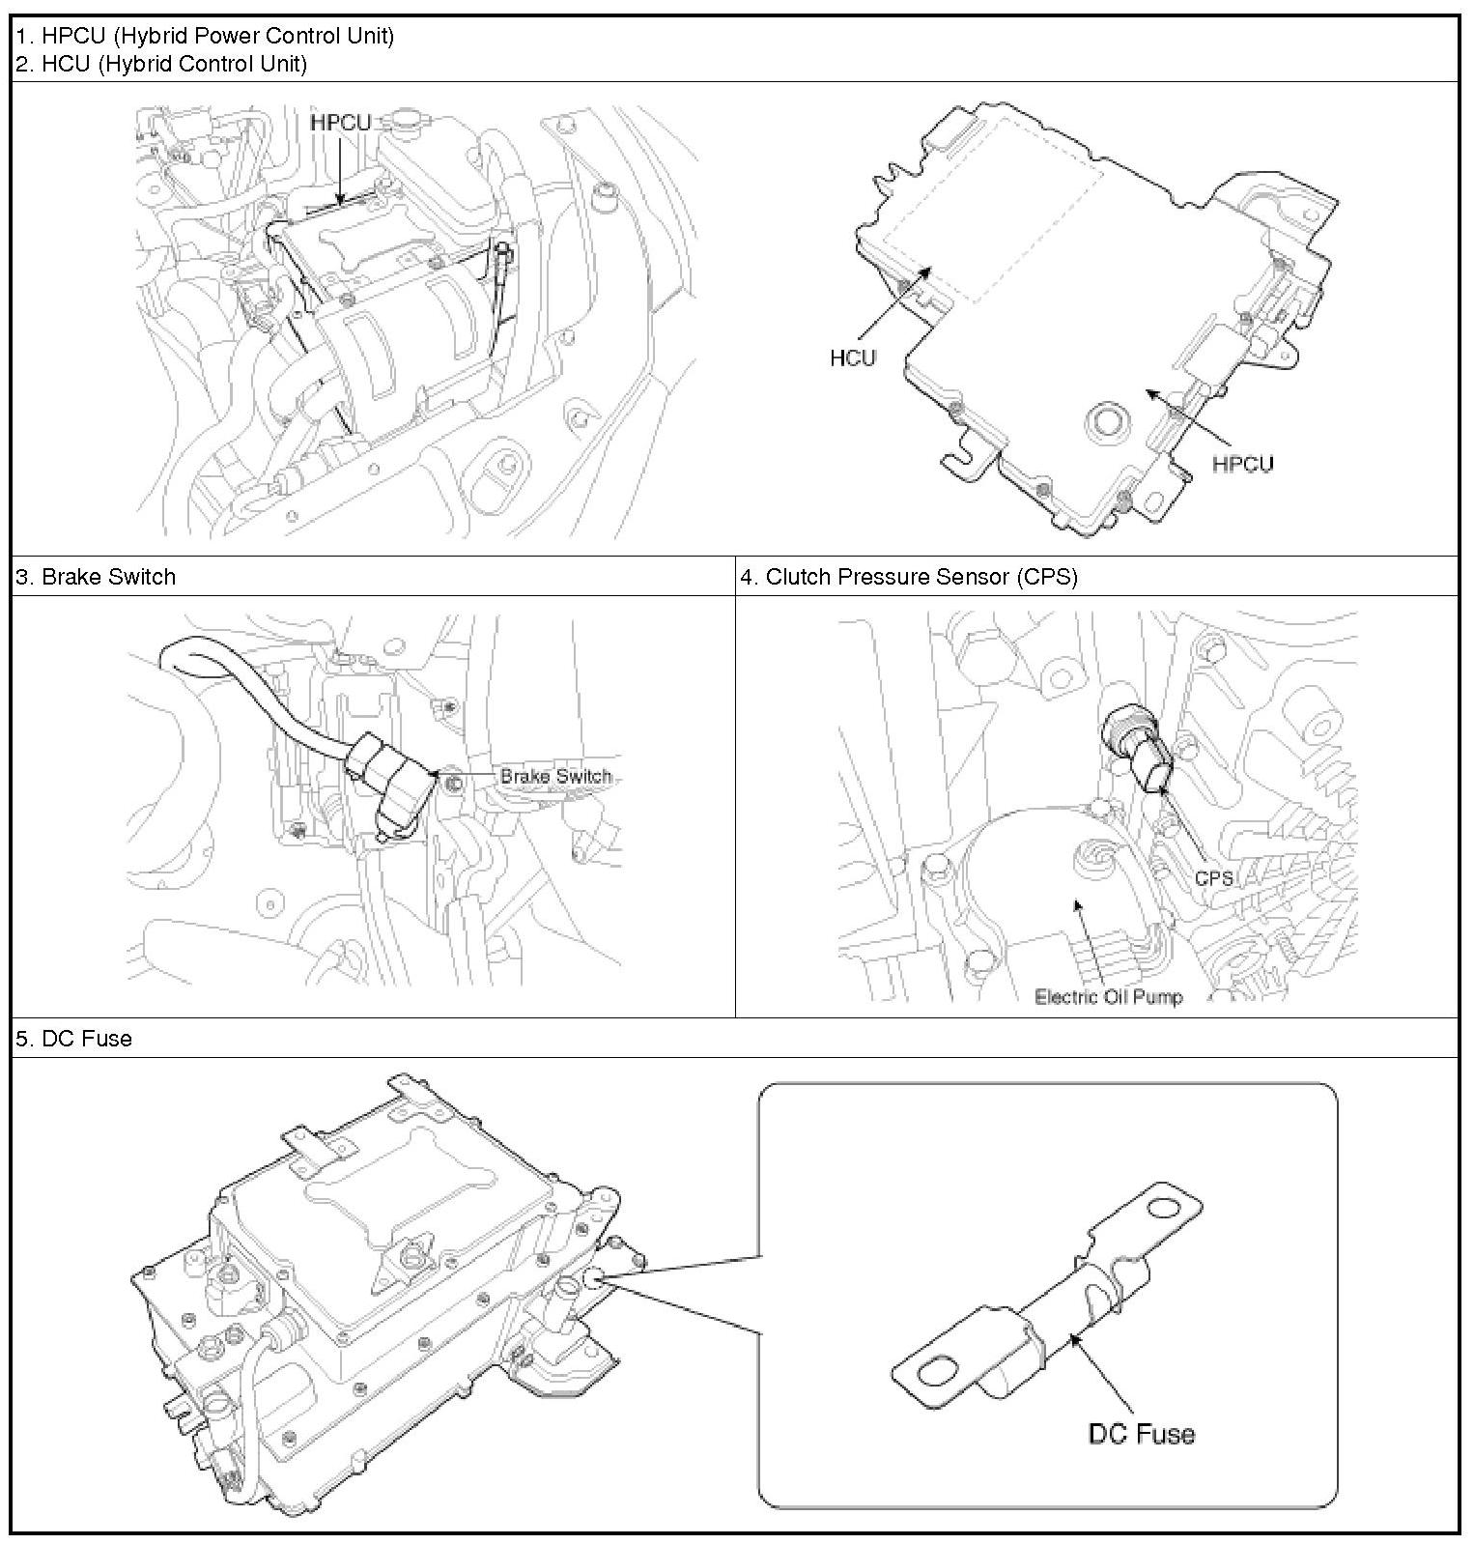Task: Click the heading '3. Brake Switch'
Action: [x=96, y=577]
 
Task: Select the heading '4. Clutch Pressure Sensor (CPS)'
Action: [x=908, y=577]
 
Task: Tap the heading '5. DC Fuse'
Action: [x=73, y=1039]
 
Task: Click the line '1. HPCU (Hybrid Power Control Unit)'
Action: [x=205, y=36]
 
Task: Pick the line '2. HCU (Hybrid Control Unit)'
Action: [x=161, y=64]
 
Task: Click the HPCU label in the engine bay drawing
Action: [x=340, y=123]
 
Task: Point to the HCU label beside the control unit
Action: [x=852, y=357]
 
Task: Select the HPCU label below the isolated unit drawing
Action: [x=1242, y=464]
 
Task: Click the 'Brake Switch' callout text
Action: [x=555, y=776]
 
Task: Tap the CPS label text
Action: [x=1213, y=877]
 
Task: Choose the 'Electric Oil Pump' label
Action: [x=1108, y=996]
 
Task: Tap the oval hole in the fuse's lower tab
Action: [x=937, y=1370]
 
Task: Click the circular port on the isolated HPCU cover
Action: [x=1106, y=421]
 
